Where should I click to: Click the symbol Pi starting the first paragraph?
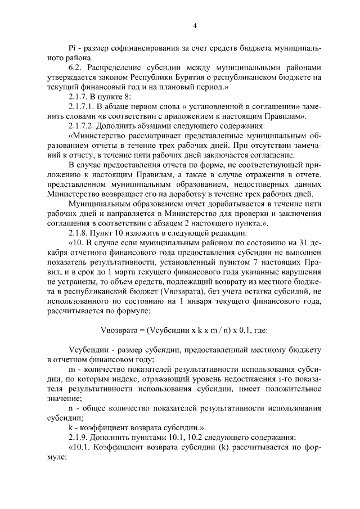(x=71, y=47)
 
